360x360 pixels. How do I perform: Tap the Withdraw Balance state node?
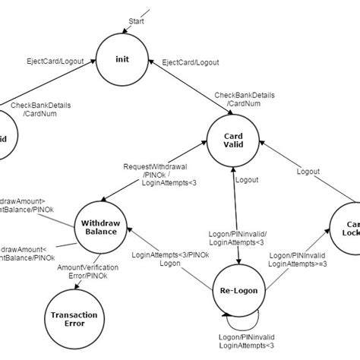(100, 226)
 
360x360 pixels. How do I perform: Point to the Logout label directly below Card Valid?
(247, 181)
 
